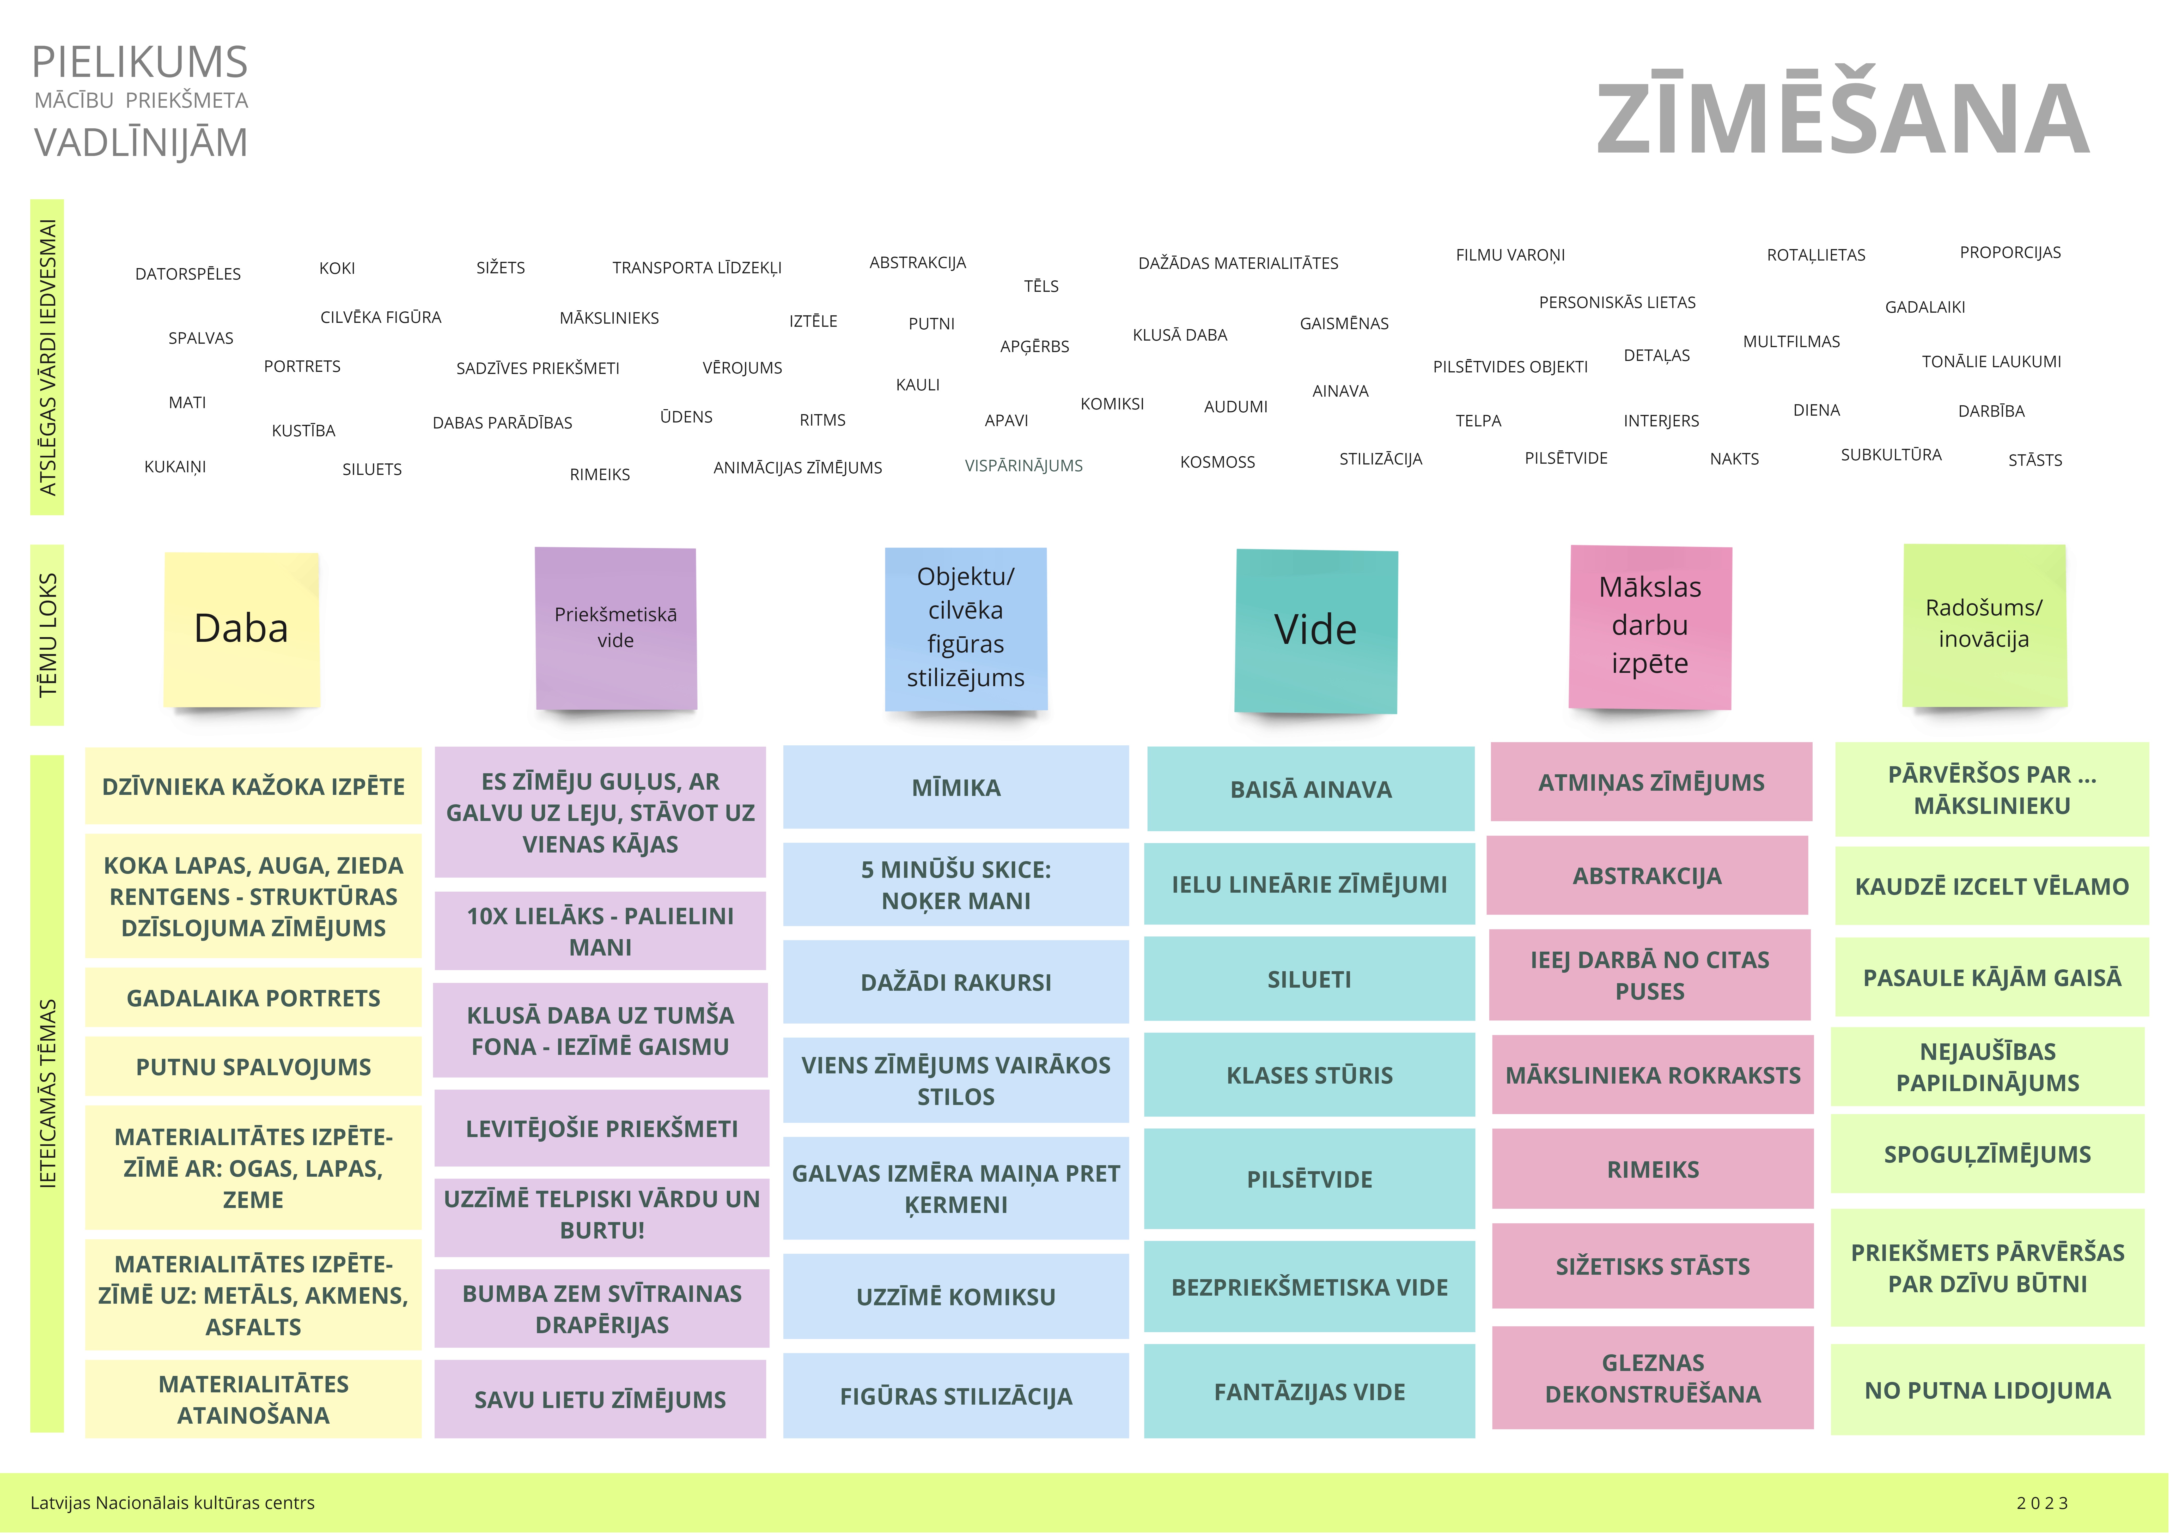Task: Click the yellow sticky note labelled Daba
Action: pos(242,630)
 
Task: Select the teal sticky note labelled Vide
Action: pos(1316,630)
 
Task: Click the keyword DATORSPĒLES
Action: pos(188,274)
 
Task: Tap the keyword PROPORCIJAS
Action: pos(2010,252)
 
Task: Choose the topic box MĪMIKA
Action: pos(955,787)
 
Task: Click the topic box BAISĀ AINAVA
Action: pos(1311,789)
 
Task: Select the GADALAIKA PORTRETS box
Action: pos(253,998)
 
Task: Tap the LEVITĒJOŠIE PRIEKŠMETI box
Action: pos(601,1129)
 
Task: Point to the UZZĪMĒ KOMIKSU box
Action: pos(955,1297)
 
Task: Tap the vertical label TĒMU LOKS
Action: pos(47,635)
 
